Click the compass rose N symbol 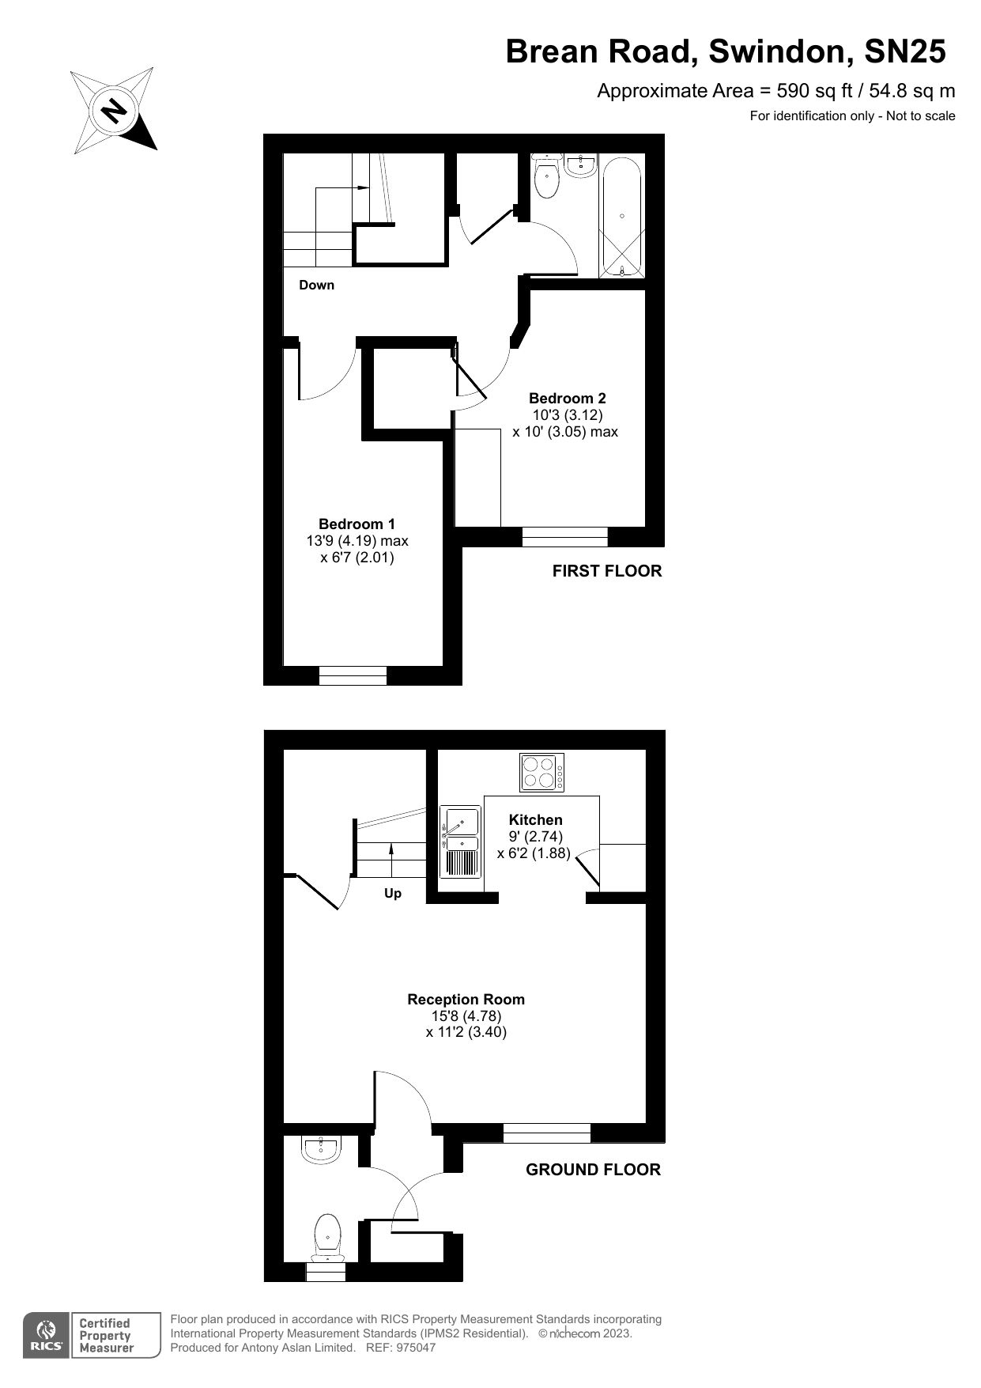click(114, 110)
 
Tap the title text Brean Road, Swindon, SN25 click(726, 52)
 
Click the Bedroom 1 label click(357, 524)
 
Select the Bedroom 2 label click(567, 398)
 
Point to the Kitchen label click(535, 820)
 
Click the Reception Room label click(466, 999)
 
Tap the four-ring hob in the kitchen click(542, 772)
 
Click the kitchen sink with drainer click(461, 842)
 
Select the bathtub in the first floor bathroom click(623, 216)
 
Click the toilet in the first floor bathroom click(546, 176)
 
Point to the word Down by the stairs click(316, 285)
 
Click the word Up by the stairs click(393, 894)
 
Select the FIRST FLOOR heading click(607, 571)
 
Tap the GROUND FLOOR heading click(593, 1170)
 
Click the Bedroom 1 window click(353, 675)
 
